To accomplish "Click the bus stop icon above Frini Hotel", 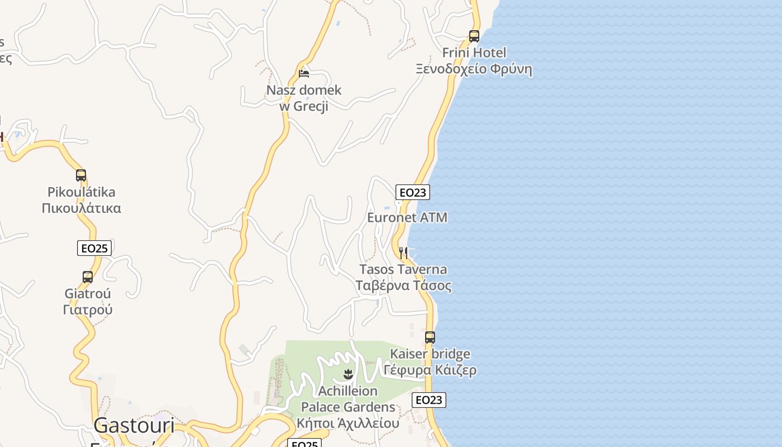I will [x=474, y=36].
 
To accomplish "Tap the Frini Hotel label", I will [x=474, y=53].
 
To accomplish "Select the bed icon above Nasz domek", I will [x=304, y=73].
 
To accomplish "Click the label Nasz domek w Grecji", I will [x=303, y=98].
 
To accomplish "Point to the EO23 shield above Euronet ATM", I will [x=413, y=193].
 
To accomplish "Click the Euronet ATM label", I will [x=407, y=217].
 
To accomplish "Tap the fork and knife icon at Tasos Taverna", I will [x=403, y=253].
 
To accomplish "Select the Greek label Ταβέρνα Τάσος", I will [x=403, y=286].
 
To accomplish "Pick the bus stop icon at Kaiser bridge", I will [x=430, y=337].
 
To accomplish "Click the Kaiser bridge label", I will [x=430, y=354].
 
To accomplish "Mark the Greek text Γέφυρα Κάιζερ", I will [x=430, y=370].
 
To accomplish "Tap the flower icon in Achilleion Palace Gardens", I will [x=348, y=374].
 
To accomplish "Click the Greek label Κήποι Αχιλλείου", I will [x=348, y=424].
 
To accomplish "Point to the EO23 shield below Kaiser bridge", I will [x=429, y=400].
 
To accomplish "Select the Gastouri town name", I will [x=134, y=426].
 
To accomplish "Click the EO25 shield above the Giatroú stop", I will [x=94, y=248].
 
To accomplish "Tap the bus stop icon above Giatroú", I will [x=88, y=277].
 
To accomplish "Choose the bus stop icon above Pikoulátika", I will [x=81, y=175].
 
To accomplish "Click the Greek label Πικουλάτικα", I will [x=82, y=208].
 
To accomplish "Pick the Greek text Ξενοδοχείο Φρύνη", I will [x=474, y=69].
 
